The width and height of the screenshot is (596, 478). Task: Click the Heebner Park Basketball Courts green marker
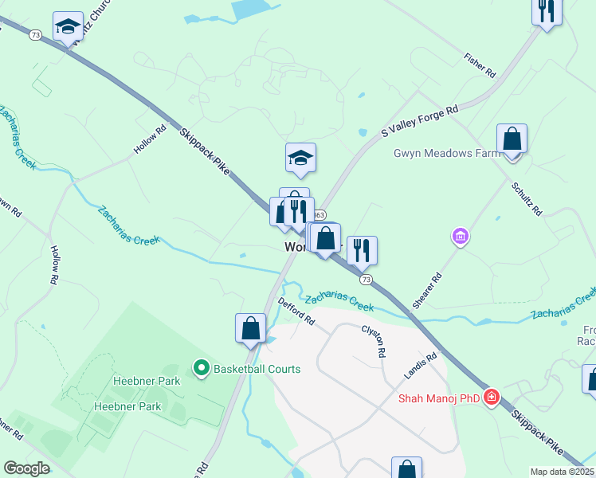coord(201,368)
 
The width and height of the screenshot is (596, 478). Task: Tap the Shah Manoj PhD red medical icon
coord(492,397)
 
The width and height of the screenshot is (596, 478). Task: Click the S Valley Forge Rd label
coord(420,120)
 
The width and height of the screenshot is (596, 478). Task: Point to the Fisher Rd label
coord(480,65)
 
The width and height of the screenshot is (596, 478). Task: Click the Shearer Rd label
coord(427,292)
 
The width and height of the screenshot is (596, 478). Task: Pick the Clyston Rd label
coord(374,340)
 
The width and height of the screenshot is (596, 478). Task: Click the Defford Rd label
coord(297,311)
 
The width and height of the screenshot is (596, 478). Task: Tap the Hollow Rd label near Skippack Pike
coord(150,139)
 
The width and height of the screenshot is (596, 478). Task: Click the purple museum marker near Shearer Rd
coord(460,236)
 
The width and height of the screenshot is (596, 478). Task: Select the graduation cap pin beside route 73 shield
coord(69,25)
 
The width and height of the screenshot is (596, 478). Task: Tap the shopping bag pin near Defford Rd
coord(250,328)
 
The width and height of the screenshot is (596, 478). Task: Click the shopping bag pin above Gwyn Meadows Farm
coord(512,139)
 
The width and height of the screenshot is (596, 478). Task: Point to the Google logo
coord(27,468)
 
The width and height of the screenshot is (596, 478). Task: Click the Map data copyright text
coord(562,472)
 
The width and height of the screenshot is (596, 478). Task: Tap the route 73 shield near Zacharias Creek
coord(366,280)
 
